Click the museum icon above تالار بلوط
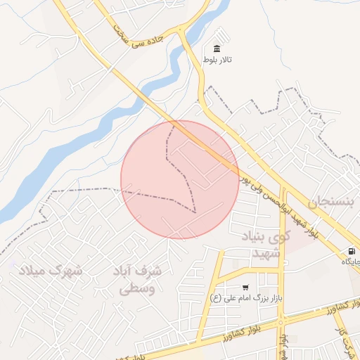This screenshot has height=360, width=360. [216, 49]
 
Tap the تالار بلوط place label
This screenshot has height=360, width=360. [217, 60]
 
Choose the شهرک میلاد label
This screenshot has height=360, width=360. [49, 270]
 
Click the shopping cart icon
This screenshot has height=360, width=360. [245, 287]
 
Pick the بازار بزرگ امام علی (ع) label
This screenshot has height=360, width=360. [246, 298]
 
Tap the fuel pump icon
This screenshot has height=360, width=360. [350, 251]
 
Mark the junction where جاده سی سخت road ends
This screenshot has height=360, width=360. [181, 32]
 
